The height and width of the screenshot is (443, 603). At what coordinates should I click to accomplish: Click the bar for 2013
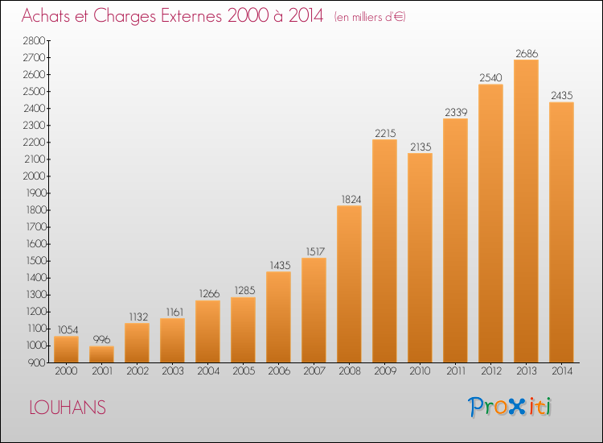point(526,211)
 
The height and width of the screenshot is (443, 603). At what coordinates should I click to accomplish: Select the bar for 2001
point(101,354)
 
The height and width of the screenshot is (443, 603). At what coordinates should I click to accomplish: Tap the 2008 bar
point(349,284)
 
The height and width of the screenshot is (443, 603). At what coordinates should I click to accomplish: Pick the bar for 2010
point(420,258)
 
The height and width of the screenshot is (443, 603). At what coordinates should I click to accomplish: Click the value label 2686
point(527,53)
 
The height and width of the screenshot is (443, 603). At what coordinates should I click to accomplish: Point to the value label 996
point(101,339)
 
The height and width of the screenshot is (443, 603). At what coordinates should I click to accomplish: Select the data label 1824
point(351,199)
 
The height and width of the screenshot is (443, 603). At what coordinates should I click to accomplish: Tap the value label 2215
point(385,133)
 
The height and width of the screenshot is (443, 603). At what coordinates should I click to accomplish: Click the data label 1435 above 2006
point(280,266)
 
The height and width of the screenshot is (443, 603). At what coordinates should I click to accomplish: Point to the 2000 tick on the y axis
point(35,176)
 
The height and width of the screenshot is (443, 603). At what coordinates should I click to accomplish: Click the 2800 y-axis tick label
point(35,40)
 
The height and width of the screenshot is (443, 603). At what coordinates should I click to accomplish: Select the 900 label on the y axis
point(37,362)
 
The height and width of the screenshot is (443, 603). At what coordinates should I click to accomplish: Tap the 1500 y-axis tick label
point(36,261)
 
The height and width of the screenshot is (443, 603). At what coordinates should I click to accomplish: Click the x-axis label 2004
point(208,371)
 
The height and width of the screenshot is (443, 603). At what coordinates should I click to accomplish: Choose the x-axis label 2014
point(562,371)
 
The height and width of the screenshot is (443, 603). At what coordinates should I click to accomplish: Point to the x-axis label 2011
point(456,371)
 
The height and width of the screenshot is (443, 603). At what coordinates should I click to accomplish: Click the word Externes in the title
point(191,15)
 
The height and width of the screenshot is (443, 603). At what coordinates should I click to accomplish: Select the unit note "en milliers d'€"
point(370,18)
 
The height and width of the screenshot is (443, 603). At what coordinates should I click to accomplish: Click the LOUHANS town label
point(68,408)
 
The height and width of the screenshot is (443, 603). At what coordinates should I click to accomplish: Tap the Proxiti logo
point(510,407)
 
